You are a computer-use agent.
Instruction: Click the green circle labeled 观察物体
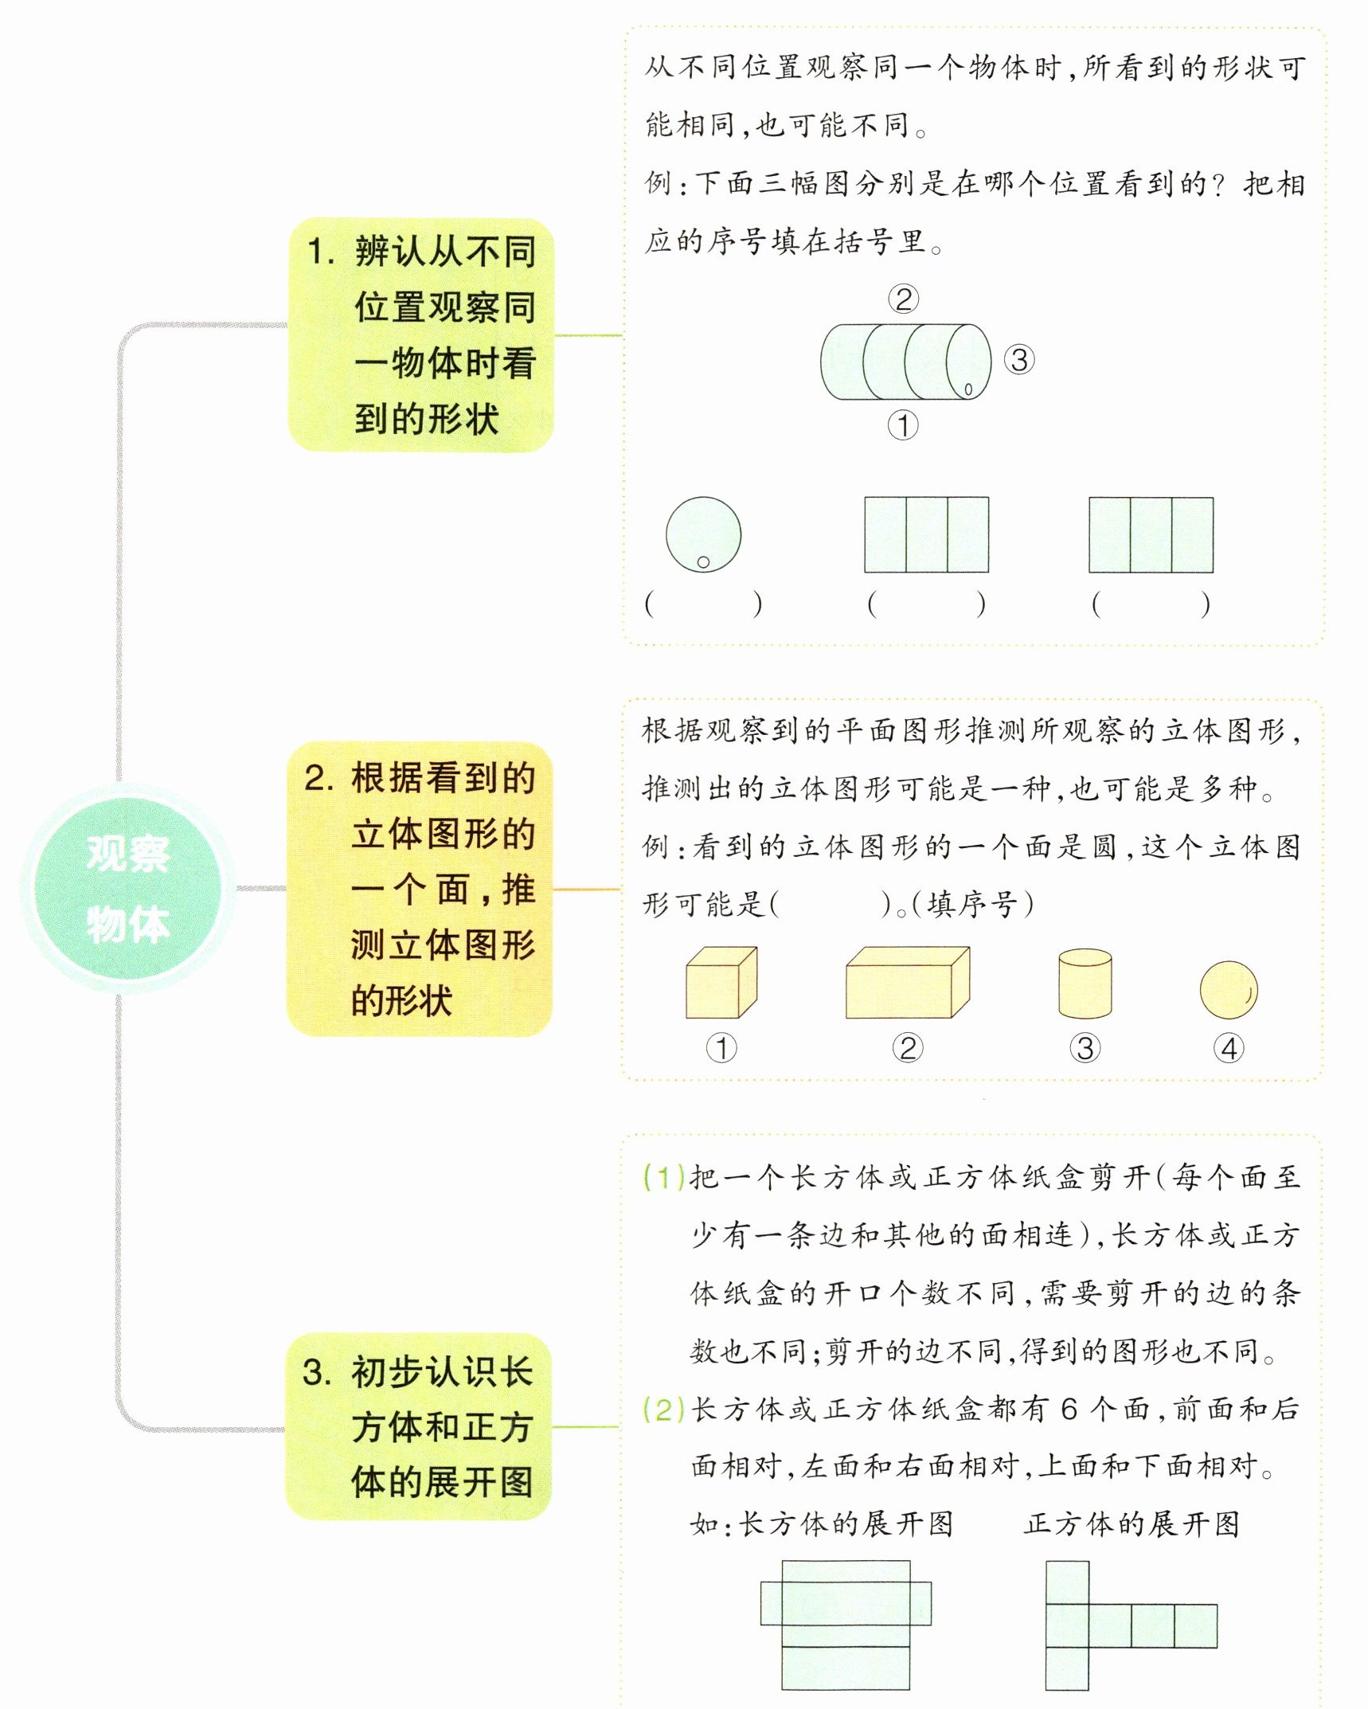(127, 889)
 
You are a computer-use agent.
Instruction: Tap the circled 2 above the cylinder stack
(903, 299)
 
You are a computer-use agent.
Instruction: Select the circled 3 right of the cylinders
(1019, 360)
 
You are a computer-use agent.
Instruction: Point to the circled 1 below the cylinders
(903, 425)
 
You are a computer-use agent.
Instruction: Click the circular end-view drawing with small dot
(703, 534)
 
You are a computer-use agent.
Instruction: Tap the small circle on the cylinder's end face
(968, 389)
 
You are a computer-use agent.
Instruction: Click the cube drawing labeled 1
(721, 983)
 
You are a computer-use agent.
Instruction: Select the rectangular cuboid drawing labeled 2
(907, 983)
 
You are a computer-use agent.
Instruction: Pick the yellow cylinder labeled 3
(1085, 983)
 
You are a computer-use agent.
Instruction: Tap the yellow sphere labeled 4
(1229, 990)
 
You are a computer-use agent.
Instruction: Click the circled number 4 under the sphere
(1229, 1048)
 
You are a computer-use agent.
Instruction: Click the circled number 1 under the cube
(721, 1048)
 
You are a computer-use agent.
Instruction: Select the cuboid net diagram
(846, 1625)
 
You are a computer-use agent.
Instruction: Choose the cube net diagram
(1131, 1625)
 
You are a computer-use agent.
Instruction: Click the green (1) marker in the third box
(664, 1177)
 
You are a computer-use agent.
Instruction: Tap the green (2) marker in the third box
(664, 1410)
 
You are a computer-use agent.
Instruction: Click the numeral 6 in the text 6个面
(1069, 1410)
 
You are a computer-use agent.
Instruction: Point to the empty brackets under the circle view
(703, 604)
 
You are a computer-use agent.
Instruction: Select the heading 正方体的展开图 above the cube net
(1132, 1524)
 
